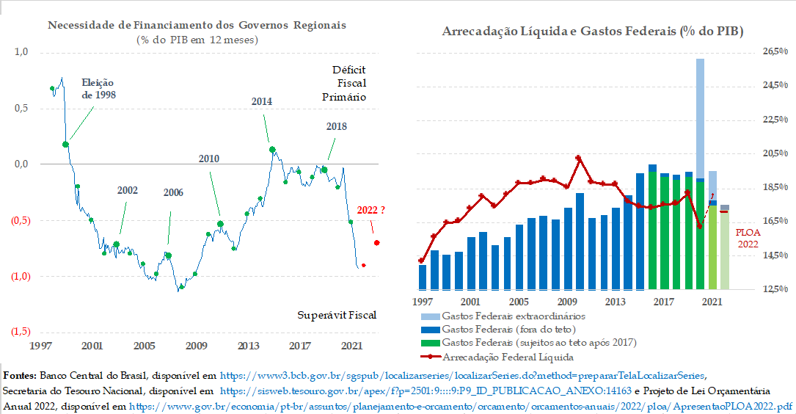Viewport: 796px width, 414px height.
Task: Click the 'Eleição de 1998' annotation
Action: click(98, 89)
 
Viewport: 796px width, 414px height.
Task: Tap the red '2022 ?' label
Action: click(371, 211)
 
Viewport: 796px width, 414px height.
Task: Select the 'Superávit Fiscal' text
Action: click(337, 315)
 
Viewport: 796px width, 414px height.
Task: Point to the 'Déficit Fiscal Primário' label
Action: click(348, 83)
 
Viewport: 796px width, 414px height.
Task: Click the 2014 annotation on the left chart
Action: click(261, 101)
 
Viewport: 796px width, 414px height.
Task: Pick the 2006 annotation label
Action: click(173, 193)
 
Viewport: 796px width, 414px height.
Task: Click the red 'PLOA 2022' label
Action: click(748, 238)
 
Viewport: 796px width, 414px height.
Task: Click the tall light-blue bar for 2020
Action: click(700, 117)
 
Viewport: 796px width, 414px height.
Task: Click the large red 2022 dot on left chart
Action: click(377, 243)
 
